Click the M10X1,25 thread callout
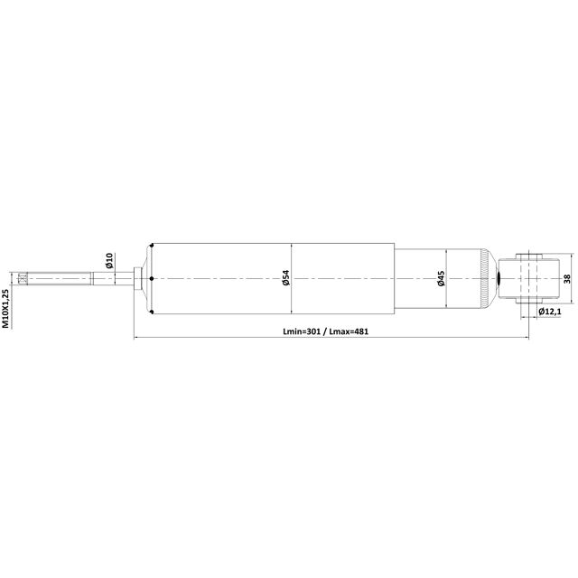[5, 309]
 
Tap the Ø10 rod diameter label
[108, 261]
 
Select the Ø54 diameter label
[286, 277]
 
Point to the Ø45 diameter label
[441, 278]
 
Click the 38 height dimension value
[567, 279]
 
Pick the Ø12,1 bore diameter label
[550, 312]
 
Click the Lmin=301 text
[302, 331]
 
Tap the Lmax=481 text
[349, 331]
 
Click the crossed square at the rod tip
[23, 278]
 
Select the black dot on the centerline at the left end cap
[151, 279]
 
